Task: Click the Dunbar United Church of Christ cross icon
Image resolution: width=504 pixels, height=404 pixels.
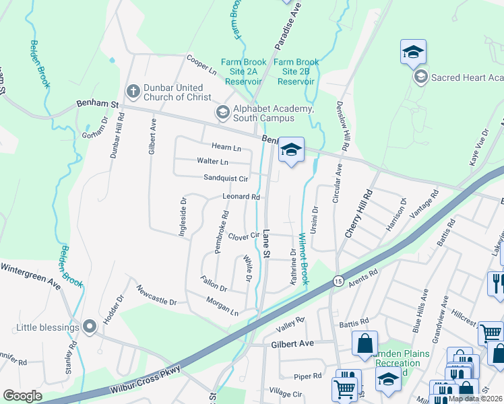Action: pos(133,91)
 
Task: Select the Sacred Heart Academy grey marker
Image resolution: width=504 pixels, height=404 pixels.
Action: pos(421,77)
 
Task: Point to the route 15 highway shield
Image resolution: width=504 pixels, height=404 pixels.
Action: pos(337,280)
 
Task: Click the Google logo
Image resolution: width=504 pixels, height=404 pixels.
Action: pos(23,396)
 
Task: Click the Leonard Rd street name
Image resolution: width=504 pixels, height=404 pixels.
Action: pos(241,197)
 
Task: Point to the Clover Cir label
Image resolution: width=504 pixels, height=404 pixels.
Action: pos(243,236)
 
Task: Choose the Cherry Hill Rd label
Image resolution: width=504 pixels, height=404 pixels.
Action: pos(358,213)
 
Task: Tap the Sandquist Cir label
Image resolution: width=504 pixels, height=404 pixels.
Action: pos(226,178)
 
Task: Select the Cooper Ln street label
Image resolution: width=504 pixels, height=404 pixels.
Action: pos(201,65)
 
